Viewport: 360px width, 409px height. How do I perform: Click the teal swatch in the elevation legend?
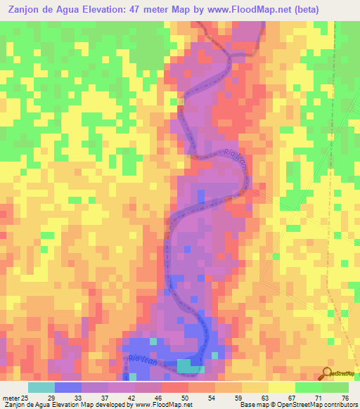(x=41, y=387)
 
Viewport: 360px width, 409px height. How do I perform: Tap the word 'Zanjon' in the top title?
(x=25, y=10)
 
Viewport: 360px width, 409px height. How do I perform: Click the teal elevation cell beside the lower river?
(x=187, y=365)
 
